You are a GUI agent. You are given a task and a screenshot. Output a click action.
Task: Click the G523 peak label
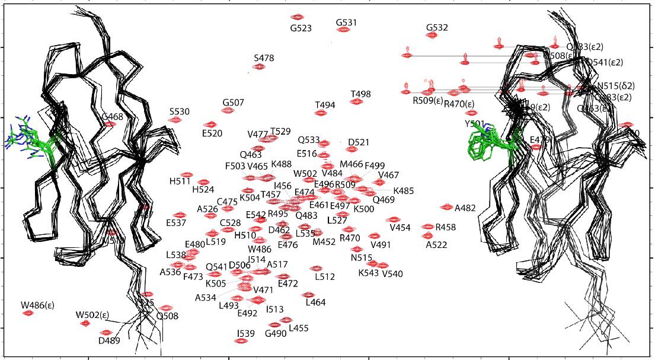point(301,28)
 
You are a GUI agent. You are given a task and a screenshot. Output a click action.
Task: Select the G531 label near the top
point(346,23)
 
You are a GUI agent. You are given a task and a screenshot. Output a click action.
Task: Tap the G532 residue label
point(437,27)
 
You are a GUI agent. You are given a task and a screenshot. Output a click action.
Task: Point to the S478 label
point(264,58)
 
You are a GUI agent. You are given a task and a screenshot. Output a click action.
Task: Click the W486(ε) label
point(37,305)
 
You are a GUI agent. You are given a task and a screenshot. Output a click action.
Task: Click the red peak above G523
point(298,17)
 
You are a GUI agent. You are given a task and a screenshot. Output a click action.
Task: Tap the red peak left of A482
point(447,207)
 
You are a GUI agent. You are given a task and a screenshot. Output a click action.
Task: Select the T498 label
point(360,94)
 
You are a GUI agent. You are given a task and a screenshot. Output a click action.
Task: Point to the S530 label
point(180,111)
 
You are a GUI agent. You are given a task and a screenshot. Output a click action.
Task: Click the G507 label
point(234,103)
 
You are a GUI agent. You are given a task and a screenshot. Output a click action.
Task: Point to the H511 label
point(180,181)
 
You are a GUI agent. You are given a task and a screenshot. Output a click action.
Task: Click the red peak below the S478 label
point(259,66)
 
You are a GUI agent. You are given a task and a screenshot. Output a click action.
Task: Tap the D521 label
point(359,142)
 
